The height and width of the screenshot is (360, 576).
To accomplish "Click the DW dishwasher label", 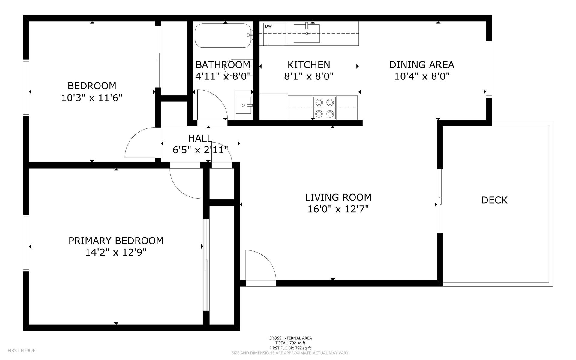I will click(268, 26).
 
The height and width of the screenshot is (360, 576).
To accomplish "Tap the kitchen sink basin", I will click(306, 34).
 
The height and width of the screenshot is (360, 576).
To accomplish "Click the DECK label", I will click(494, 200).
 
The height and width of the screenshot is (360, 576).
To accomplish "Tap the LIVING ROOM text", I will click(338, 197).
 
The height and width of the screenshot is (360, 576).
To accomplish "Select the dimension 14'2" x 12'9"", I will click(116, 253).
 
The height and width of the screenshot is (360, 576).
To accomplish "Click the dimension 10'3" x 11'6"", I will click(92, 98).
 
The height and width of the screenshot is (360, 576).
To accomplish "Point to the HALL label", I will click(200, 138).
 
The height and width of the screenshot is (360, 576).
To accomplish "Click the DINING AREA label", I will click(421, 65).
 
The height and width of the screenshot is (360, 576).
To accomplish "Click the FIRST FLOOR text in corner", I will click(22, 350).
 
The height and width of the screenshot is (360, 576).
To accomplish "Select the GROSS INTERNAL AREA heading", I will click(290, 338).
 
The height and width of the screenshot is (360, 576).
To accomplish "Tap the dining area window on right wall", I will click(489, 69).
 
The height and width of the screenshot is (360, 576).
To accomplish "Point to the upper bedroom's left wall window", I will click(26, 88).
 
